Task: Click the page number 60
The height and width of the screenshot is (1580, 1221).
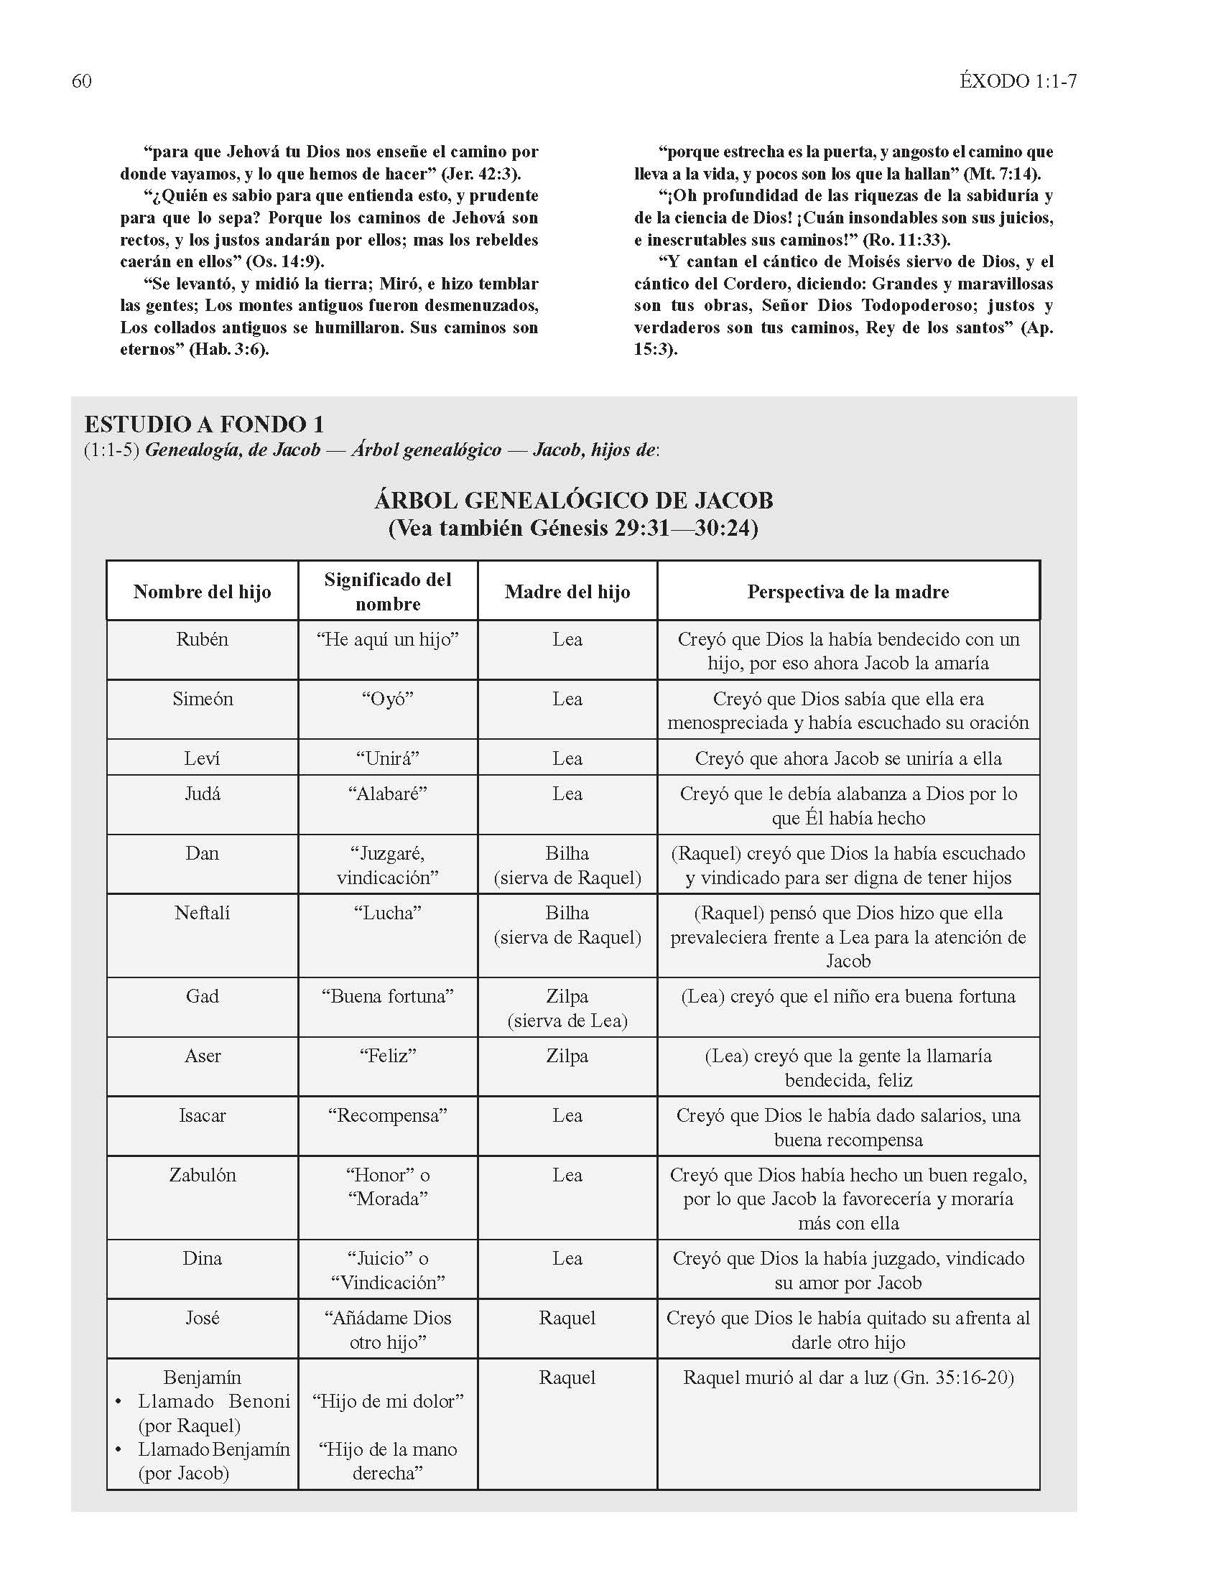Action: coord(82,80)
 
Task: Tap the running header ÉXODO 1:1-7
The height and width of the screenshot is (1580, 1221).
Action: coord(1018,80)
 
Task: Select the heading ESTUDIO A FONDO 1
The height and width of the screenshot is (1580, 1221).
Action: coord(204,424)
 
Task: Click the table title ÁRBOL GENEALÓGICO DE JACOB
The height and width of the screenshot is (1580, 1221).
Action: coord(573,500)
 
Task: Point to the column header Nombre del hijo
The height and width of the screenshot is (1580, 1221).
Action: coord(202,592)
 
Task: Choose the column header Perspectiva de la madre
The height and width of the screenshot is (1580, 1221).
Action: coord(848,592)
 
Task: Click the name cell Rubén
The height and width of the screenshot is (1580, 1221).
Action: coord(202,639)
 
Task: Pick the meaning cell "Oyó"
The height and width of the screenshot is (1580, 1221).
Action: coord(387,699)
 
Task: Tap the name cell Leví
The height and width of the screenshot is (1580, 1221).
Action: coord(202,758)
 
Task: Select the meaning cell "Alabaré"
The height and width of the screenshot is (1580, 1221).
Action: coord(387,794)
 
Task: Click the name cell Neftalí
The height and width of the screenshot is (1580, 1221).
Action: coord(202,913)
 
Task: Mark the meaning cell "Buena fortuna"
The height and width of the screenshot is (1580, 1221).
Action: coord(387,996)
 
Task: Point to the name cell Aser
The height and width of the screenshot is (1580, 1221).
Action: coord(202,1056)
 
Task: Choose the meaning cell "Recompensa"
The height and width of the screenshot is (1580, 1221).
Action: coord(387,1115)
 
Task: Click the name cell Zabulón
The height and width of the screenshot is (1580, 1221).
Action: coord(202,1175)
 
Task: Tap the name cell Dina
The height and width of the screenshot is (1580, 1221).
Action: coord(202,1258)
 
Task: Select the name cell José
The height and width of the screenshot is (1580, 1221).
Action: coord(202,1317)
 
